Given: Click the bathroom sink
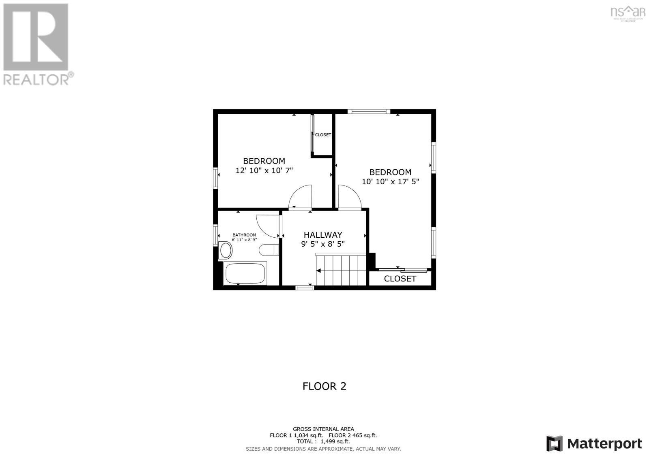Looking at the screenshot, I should (225, 251).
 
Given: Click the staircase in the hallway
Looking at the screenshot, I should (341, 270).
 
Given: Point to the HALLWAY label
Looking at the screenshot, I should (323, 235).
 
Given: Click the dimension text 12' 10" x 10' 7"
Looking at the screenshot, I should (264, 170).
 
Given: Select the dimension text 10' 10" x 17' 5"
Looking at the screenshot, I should (390, 182).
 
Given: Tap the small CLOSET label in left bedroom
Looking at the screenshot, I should (323, 135).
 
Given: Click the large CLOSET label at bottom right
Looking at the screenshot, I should (400, 279).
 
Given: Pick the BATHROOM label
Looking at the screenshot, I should (244, 235).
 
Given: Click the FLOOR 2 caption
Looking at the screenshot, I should (324, 386).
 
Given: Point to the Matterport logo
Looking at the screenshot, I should (594, 443).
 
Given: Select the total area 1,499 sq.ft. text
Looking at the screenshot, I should (323, 442).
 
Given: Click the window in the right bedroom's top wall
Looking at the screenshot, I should (369, 111).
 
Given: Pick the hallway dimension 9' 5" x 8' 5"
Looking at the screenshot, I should (323, 244).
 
